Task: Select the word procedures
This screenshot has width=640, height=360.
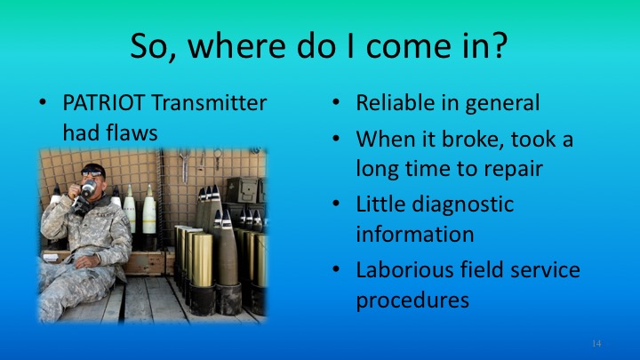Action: click(x=412, y=300)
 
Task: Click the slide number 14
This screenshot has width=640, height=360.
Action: click(x=596, y=342)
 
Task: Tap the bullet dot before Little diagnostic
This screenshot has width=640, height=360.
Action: click(x=335, y=204)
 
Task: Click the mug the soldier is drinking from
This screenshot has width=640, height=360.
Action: click(x=88, y=188)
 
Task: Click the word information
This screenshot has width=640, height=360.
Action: click(x=414, y=234)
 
